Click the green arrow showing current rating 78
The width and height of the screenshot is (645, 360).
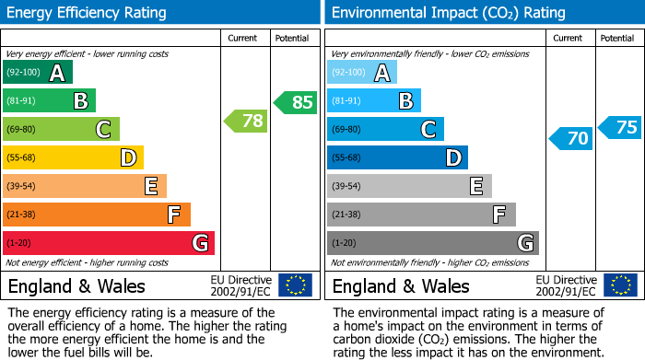[x=245, y=121]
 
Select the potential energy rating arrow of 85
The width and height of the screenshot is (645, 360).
[x=296, y=102]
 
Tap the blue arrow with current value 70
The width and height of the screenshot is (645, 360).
[x=570, y=139]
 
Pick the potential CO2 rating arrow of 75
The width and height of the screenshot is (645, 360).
[x=619, y=127]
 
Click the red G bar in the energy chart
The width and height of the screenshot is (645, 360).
[x=109, y=243]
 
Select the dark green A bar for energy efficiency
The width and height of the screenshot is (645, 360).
[x=38, y=73]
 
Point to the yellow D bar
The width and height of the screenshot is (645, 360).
[x=74, y=157]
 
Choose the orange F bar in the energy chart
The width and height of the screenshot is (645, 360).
[x=97, y=215]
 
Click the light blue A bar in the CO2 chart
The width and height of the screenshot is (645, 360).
[x=362, y=73]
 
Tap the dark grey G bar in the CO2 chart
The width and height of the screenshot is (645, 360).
[x=433, y=243]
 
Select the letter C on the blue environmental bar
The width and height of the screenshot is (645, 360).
[x=428, y=130]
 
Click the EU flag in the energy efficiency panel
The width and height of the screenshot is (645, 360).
[x=295, y=285]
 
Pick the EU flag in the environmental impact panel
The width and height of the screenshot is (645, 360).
[x=620, y=285]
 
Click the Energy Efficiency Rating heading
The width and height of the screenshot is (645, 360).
[x=88, y=13]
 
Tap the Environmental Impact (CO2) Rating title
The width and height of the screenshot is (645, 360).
[x=448, y=13]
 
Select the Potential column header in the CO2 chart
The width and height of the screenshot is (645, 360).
[x=617, y=38]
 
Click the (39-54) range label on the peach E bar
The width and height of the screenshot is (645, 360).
[x=21, y=187]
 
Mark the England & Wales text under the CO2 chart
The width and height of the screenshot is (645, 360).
[x=400, y=285]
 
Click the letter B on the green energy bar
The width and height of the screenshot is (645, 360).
[x=80, y=101]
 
